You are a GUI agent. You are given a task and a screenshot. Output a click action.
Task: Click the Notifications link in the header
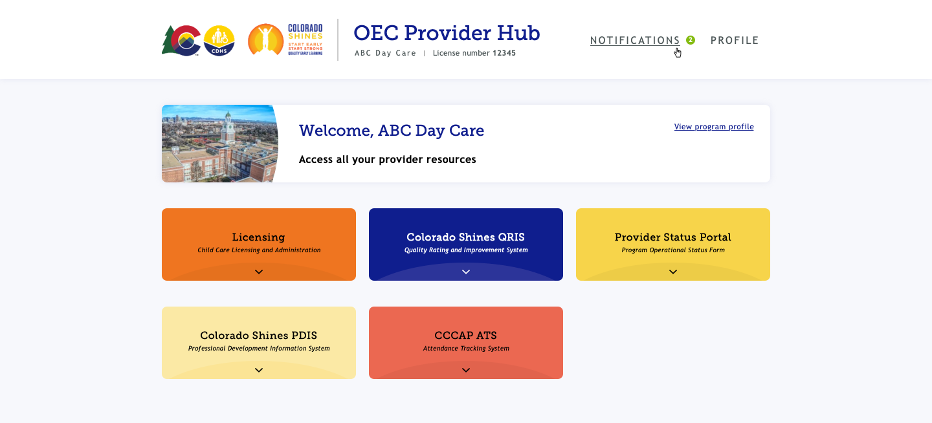tap(635, 40)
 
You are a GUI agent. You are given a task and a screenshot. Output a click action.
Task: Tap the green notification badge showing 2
tap(690, 40)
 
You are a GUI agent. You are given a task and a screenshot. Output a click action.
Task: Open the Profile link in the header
tap(735, 40)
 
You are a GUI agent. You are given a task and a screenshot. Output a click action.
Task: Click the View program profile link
tap(713, 126)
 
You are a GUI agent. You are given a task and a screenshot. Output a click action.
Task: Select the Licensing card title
tap(258, 237)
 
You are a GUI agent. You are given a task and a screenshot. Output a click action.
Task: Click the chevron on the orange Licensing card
tap(259, 272)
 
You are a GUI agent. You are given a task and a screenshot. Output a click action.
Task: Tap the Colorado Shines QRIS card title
tap(465, 237)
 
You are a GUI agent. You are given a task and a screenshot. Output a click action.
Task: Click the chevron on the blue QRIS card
tap(466, 272)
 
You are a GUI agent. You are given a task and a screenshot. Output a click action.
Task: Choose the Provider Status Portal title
tap(673, 237)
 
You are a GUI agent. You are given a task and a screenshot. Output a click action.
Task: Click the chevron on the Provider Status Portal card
tap(673, 272)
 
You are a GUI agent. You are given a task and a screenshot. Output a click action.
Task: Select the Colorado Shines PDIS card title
tap(258, 335)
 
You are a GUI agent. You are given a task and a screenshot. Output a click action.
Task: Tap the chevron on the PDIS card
tap(259, 370)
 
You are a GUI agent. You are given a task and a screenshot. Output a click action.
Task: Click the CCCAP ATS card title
tap(465, 335)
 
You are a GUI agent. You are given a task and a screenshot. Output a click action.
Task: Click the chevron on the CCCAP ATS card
tap(466, 370)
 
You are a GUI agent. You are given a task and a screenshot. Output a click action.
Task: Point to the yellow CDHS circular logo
tap(219, 41)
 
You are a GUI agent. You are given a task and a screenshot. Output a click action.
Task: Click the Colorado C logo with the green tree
tap(181, 40)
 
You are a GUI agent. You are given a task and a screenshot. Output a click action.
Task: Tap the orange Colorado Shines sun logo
tap(265, 40)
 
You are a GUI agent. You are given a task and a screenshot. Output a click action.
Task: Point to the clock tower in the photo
tap(228, 129)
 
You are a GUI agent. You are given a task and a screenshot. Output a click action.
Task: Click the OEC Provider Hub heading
tap(447, 33)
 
